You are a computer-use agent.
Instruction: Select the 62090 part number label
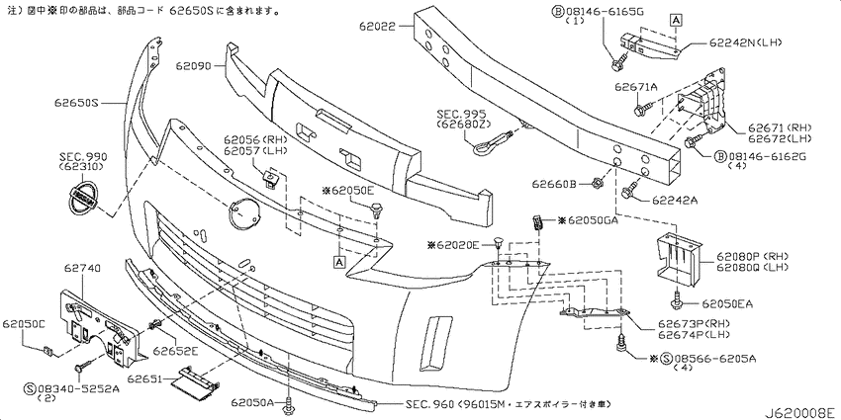click(194, 66)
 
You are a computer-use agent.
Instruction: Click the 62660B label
click(553, 184)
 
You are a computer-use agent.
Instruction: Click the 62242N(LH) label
click(745, 43)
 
